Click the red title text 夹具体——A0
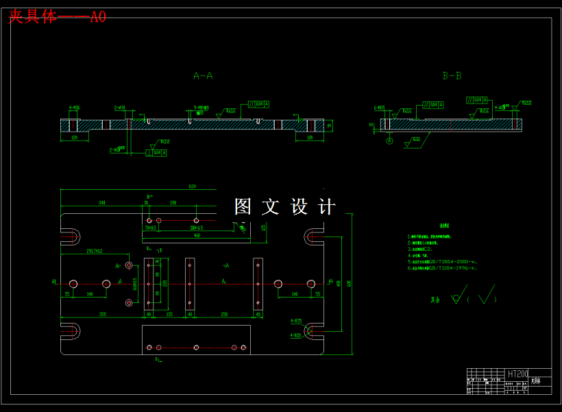click(57, 17)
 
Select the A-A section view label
click(203, 76)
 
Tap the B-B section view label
click(452, 76)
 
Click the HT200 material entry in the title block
click(517, 374)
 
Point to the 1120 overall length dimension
click(192, 186)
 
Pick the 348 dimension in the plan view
click(102, 203)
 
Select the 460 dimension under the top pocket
click(197, 235)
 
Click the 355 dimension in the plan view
click(102, 315)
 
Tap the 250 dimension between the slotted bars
click(224, 315)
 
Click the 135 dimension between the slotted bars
click(169, 315)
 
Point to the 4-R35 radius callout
click(296, 320)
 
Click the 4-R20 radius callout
click(296, 335)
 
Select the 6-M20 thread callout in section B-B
click(379, 108)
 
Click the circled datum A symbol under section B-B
click(390, 141)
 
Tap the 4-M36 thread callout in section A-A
click(74, 108)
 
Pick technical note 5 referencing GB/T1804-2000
click(443, 261)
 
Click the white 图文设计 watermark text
click(285, 207)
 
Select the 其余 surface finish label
click(435, 300)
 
